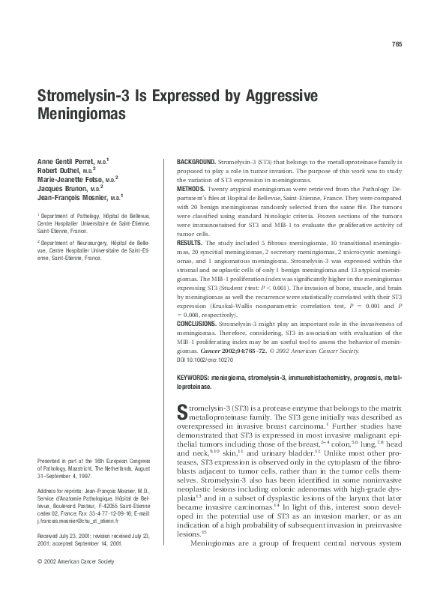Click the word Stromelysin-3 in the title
coord(82,97)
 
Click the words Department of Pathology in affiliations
coord(73,216)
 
